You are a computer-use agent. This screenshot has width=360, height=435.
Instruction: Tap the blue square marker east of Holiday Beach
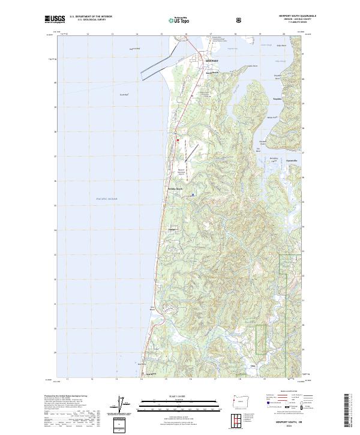tap(193, 194)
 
